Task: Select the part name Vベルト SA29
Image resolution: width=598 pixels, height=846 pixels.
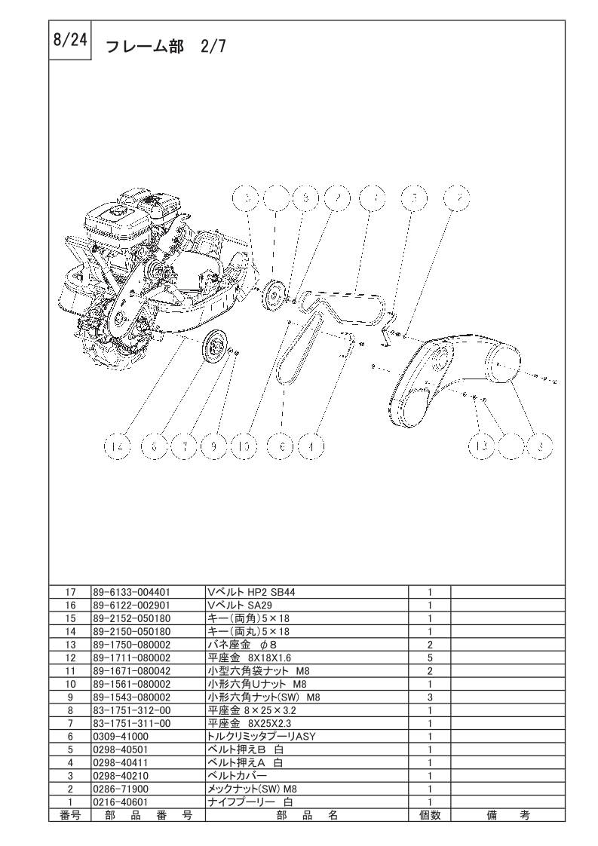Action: (x=235, y=605)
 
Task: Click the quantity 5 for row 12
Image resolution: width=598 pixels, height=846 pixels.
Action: (x=429, y=658)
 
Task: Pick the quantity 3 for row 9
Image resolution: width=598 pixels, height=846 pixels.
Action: (x=429, y=697)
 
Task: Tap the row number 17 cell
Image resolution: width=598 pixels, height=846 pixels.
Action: (x=69, y=592)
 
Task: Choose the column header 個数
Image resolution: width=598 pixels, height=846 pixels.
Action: (x=429, y=815)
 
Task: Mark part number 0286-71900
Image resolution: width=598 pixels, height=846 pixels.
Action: (x=120, y=788)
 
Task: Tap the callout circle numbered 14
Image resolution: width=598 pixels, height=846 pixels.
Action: (x=115, y=447)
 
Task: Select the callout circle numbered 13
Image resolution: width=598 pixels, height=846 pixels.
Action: (x=480, y=446)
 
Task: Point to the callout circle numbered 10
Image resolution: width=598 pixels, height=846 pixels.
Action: (x=244, y=447)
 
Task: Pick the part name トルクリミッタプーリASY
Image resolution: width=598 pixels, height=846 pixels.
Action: (x=256, y=736)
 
